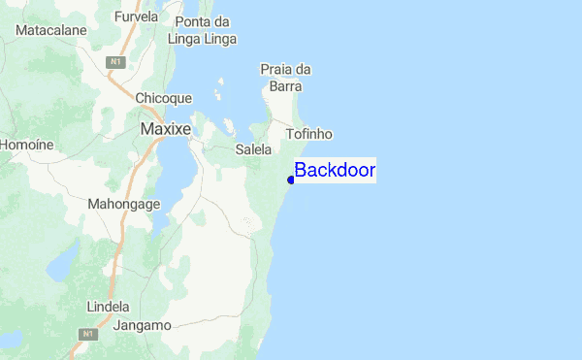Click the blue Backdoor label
(335, 171)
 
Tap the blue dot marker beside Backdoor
(291, 180)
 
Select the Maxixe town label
(165, 128)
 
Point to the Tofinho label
(309, 134)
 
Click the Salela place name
(253, 149)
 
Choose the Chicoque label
(164, 98)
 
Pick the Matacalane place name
(51, 30)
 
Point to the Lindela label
(108, 307)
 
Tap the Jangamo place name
(142, 325)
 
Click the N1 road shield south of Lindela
(90, 334)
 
